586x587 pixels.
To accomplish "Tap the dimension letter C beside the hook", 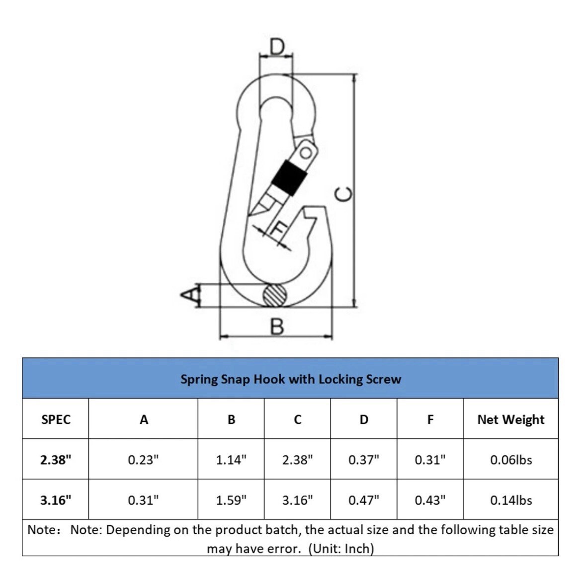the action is pyautogui.click(x=343, y=194).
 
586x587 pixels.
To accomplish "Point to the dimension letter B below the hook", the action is pyautogui.click(x=277, y=327).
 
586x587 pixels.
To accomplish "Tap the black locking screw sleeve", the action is pyautogui.click(x=289, y=177).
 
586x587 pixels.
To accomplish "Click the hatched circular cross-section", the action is pyautogui.click(x=274, y=295).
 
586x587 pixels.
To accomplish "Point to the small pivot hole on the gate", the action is pyautogui.click(x=306, y=153).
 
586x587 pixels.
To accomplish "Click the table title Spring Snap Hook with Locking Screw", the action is pyautogui.click(x=291, y=379).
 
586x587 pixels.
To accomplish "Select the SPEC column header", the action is pyautogui.click(x=56, y=419).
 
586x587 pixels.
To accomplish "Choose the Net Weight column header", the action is pyautogui.click(x=511, y=419).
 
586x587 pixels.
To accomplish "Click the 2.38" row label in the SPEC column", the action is pyautogui.click(x=56, y=459).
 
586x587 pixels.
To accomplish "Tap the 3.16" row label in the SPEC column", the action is pyautogui.click(x=56, y=500).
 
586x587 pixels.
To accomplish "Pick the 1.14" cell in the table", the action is pyautogui.click(x=232, y=459).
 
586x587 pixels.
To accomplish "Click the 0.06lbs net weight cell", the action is pyautogui.click(x=511, y=460).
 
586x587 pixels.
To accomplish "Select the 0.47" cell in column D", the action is pyautogui.click(x=364, y=500).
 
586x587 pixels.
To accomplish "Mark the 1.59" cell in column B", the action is pyautogui.click(x=232, y=500).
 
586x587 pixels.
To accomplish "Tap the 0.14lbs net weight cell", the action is pyautogui.click(x=511, y=500).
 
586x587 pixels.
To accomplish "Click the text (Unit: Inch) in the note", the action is pyautogui.click(x=341, y=549).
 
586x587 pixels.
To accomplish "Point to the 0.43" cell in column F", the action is pyautogui.click(x=430, y=500).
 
